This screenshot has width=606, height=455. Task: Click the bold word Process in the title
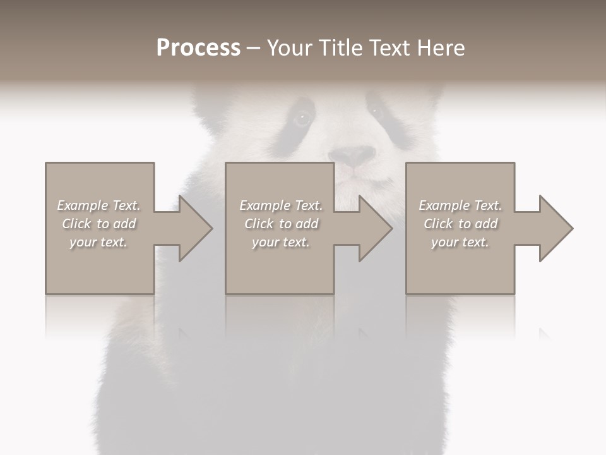pos(198,48)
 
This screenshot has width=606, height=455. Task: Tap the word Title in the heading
pos(340,48)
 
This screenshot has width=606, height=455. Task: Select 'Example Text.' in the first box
pos(99,205)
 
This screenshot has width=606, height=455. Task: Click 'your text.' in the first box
pos(99,242)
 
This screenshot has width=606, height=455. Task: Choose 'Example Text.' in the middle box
pos(281,205)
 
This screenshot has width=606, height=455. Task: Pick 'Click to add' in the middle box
pos(281,224)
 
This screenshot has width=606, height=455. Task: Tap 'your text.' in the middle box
pos(281,242)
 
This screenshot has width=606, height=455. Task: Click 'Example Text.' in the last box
pos(460,205)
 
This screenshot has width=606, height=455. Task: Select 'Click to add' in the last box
pos(460,224)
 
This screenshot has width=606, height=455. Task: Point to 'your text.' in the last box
pos(460,242)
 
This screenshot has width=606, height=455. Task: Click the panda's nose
pos(352,155)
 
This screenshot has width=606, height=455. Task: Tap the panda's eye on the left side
pos(302,118)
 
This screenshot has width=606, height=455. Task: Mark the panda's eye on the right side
pos(376,111)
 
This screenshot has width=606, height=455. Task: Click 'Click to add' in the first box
pos(99,224)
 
